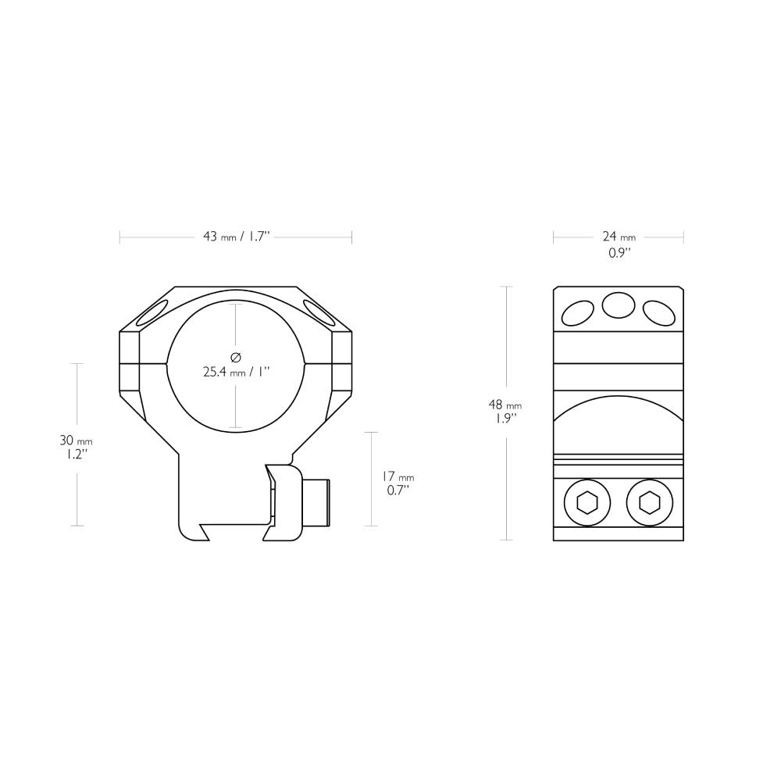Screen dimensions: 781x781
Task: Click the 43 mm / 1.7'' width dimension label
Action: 236,237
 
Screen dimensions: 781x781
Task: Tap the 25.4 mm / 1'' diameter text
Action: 236,373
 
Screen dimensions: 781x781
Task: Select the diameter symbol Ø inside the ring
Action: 236,357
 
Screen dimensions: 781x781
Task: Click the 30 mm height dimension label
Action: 75,441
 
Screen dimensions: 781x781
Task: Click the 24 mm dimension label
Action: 619,237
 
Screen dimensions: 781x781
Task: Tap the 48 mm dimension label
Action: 505,405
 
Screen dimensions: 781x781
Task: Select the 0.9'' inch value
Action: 619,254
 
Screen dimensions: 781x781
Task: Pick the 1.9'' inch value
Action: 505,419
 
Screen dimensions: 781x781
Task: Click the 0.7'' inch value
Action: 398,490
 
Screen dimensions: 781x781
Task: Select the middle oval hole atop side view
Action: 618,305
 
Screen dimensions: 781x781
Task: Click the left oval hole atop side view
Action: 579,312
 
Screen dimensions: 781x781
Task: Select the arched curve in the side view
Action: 618,403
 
